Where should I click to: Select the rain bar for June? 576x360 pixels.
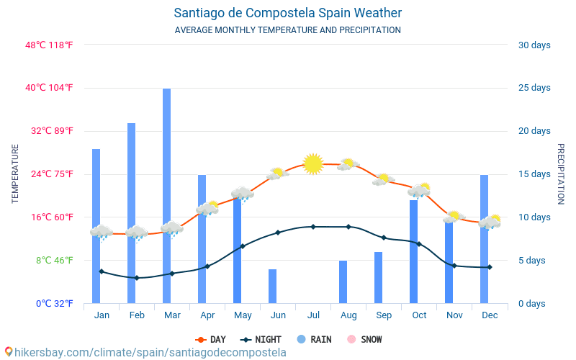click(x=272, y=286)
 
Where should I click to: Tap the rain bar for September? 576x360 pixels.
click(x=378, y=277)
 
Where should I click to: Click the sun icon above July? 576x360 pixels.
click(x=313, y=164)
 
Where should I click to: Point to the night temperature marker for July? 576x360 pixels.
click(x=313, y=227)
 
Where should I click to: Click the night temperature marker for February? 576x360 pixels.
click(x=137, y=278)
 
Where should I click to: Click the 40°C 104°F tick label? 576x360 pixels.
click(x=50, y=88)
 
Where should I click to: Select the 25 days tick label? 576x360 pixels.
click(x=534, y=88)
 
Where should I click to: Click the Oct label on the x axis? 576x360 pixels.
click(x=419, y=315)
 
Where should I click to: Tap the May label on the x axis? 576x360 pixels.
click(x=243, y=315)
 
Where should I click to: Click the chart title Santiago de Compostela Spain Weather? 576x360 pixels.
click(x=288, y=13)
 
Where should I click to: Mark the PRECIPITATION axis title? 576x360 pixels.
click(x=561, y=174)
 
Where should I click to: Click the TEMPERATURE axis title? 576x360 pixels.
click(x=15, y=174)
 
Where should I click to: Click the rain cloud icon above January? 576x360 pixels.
click(x=102, y=233)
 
